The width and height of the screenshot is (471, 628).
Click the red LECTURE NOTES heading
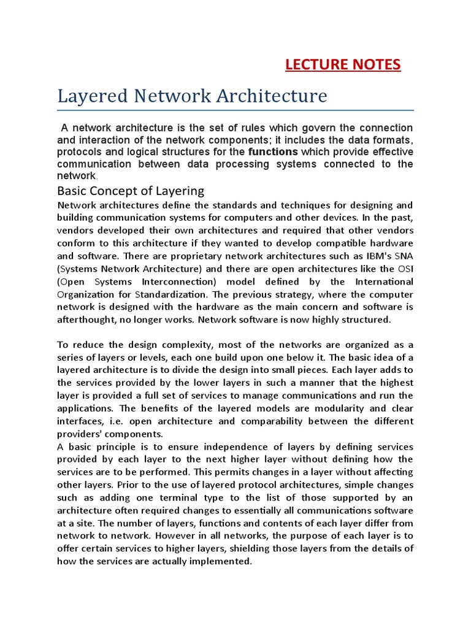pyautogui.click(x=343, y=64)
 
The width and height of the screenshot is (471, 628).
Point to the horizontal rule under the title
pyautogui.click(x=235, y=110)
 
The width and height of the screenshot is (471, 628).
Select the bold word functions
pyautogui.click(x=273, y=151)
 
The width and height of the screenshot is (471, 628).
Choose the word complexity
pyautogui.click(x=167, y=344)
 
